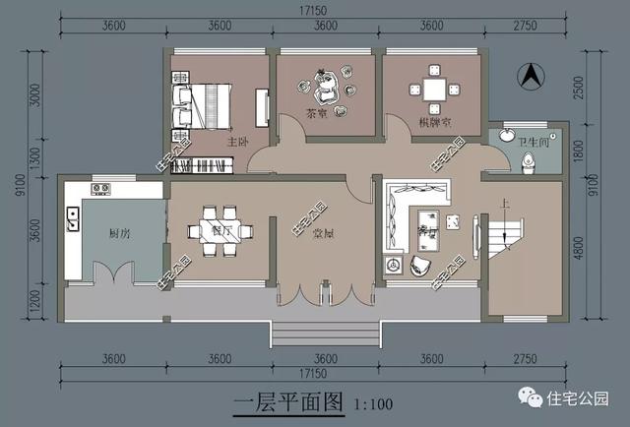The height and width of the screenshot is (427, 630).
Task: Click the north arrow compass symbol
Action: pos(529,75)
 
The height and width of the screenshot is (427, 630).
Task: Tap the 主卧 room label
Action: pos(237,144)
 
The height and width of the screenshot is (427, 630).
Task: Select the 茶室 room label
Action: pos(317,112)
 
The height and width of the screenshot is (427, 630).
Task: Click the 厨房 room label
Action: pos(121,232)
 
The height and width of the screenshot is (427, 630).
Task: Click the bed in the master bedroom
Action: pos(204,104)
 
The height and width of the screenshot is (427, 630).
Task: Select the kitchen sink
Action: pos(73,219)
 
